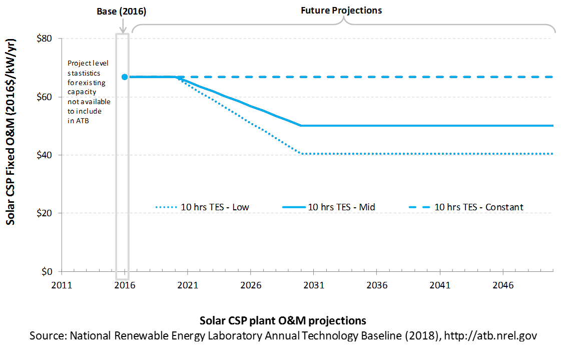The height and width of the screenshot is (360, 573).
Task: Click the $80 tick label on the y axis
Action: tap(44, 39)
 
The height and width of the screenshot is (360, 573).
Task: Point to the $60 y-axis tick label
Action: tap(44, 97)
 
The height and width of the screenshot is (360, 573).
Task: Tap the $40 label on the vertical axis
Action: tap(44, 155)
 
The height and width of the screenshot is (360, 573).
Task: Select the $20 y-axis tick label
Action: tap(44, 213)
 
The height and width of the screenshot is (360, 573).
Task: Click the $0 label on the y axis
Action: tap(47, 271)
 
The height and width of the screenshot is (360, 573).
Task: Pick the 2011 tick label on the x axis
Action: tap(62, 285)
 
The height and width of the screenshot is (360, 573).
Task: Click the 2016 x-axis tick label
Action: tap(125, 285)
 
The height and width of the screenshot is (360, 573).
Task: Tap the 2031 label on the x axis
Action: tap(314, 285)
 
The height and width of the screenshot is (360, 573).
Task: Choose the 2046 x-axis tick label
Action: tap(503, 285)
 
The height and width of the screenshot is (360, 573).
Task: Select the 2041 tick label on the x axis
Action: tap(440, 285)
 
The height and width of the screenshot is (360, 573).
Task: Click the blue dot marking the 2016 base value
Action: tap(125, 77)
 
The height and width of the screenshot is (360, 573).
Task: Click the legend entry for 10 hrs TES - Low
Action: tap(202, 207)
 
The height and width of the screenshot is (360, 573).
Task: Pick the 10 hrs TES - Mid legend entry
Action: tap(328, 207)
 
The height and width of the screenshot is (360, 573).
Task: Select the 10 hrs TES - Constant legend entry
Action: tap(466, 207)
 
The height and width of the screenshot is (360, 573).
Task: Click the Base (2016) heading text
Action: tap(121, 12)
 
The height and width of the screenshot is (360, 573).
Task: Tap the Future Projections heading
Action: tap(341, 11)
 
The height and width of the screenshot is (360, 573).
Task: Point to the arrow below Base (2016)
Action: tap(123, 25)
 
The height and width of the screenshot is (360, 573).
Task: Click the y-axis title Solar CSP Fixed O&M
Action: tap(11, 132)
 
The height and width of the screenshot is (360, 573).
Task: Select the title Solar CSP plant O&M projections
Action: tap(283, 320)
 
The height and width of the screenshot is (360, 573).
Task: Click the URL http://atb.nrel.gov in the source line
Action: tap(490, 335)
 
